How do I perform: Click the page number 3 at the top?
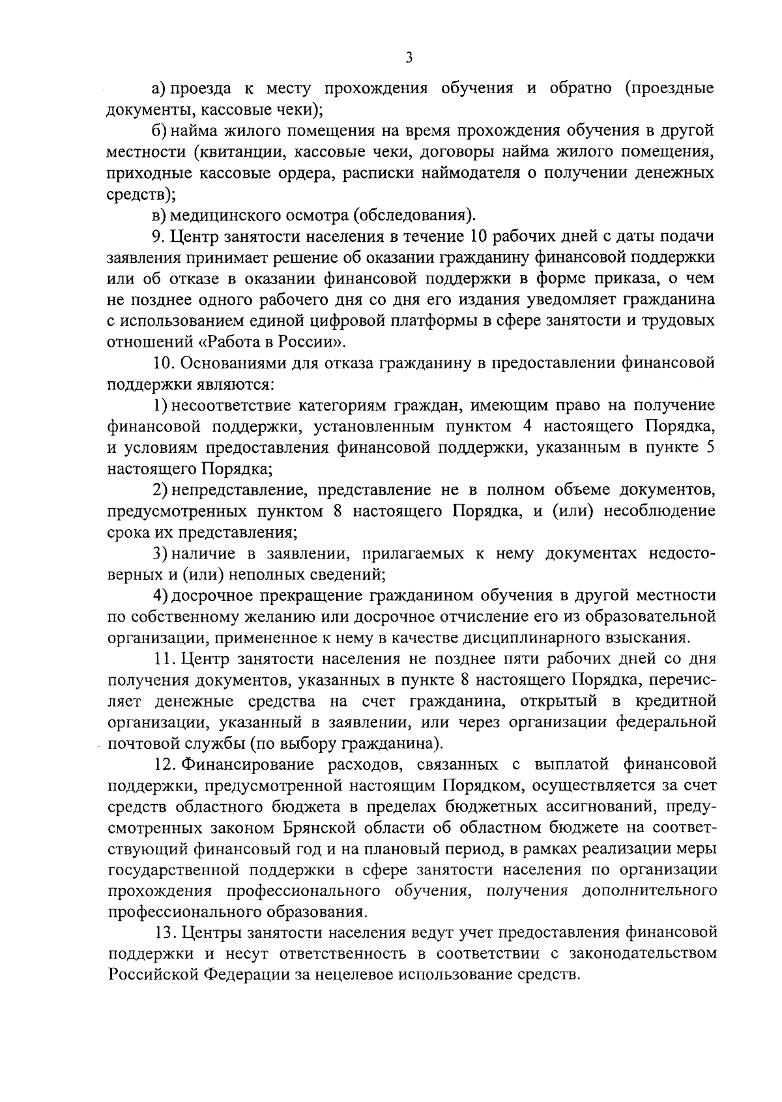pyautogui.click(x=409, y=57)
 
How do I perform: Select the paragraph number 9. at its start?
pyautogui.click(x=158, y=236)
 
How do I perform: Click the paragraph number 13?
pyautogui.click(x=165, y=933)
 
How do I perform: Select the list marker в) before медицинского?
pyautogui.click(x=158, y=215)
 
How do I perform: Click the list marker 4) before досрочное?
pyautogui.click(x=160, y=596)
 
